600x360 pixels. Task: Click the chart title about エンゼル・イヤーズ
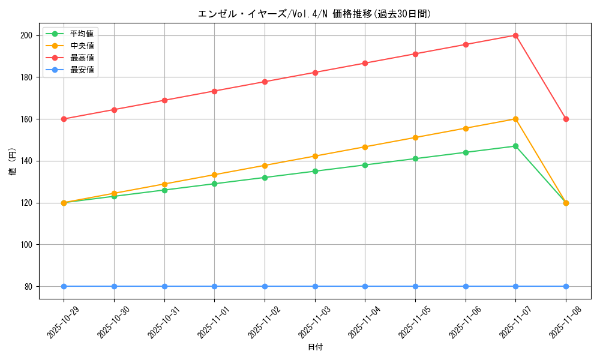point(314,14)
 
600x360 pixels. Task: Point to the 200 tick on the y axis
point(28,35)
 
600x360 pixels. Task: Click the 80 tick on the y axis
point(29,287)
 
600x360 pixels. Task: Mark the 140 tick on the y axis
point(28,161)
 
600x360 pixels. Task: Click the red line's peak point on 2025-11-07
point(515,35)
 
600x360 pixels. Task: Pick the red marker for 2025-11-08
point(566,119)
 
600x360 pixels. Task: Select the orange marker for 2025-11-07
point(515,119)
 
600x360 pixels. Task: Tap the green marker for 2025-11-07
point(515,146)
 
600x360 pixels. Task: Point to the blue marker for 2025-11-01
point(214,286)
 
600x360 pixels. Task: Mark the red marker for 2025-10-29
point(64,119)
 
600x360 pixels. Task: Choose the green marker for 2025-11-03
point(315,171)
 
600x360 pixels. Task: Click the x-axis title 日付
point(315,347)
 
